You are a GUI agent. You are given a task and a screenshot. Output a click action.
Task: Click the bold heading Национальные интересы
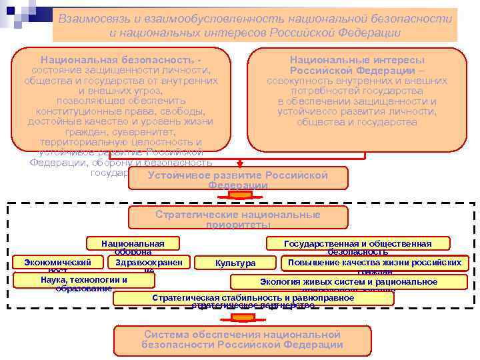point(357,60)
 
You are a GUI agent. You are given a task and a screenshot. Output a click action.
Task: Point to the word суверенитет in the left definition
point(159,132)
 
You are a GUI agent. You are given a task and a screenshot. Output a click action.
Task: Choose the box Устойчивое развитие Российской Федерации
point(237,178)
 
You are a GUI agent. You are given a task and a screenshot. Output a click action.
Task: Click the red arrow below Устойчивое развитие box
point(238,195)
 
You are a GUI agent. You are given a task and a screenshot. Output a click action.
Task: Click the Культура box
point(235,263)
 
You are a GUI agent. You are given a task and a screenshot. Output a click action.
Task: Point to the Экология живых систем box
point(349,282)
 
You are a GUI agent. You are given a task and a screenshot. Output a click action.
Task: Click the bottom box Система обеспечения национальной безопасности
point(242,339)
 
